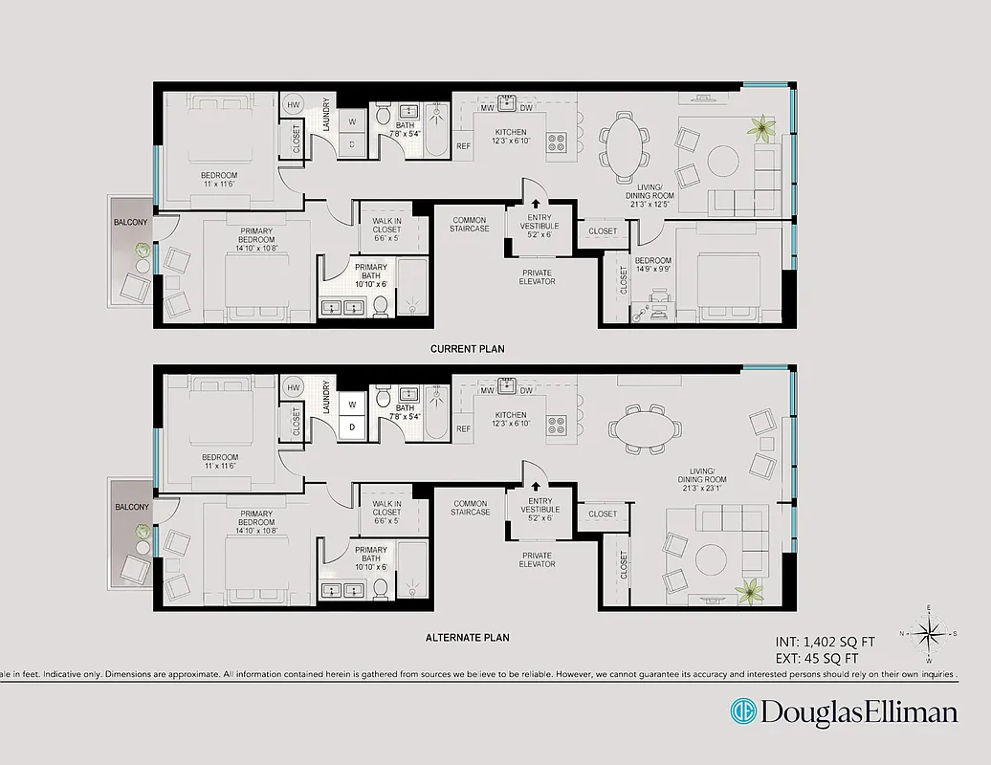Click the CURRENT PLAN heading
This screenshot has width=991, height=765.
point(467,349)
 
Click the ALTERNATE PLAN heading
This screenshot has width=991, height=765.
point(467,637)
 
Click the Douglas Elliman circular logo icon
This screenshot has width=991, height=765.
point(742,712)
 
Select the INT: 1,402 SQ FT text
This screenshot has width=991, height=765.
point(824,642)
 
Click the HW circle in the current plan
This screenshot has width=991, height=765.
point(293,104)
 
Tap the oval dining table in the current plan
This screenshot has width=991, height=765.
point(626,146)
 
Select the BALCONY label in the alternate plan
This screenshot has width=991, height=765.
point(131,507)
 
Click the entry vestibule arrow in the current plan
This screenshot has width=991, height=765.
point(535,203)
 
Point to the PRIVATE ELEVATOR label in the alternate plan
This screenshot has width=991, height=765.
point(537,559)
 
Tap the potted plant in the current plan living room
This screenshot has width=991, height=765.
point(762,126)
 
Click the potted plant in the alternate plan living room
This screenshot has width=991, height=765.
point(748,589)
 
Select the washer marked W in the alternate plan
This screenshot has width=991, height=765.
point(351,403)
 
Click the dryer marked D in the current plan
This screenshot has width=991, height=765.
point(351,144)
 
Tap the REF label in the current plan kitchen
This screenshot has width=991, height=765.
point(464,146)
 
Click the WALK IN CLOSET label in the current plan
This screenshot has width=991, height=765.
point(386,225)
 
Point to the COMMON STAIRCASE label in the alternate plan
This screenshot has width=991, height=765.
point(471,508)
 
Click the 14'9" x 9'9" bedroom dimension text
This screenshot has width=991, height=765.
point(652,268)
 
